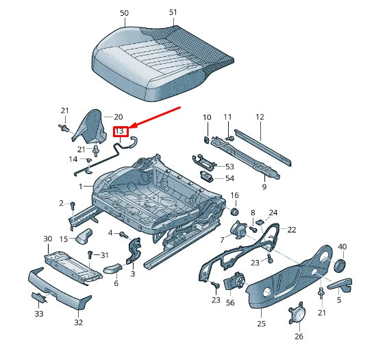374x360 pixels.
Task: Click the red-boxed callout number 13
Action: coord(119,131)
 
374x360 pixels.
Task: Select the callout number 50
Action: coord(124,13)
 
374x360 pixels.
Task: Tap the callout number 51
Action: coord(173,12)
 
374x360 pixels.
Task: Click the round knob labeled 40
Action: coord(340,265)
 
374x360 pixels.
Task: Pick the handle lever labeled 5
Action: coord(340,285)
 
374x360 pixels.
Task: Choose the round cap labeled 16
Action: coord(235,211)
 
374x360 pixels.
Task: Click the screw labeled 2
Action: coord(73,205)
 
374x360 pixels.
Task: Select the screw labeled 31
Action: coord(90,254)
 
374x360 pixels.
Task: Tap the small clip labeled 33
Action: coord(38,297)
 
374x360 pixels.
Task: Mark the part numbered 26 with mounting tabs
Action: coord(297,312)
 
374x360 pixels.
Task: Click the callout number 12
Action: coord(260,117)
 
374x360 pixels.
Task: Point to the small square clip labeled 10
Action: coord(207,139)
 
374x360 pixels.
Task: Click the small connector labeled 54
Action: coord(207,176)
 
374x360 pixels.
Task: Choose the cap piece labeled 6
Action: coord(112,268)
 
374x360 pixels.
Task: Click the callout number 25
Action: coord(262,324)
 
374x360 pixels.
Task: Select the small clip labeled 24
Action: coord(260,222)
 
